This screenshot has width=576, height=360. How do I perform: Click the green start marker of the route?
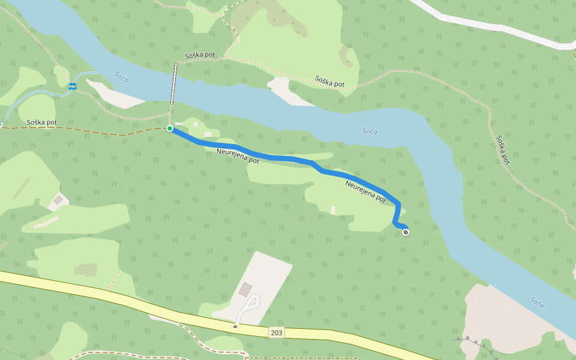click(x=170, y=128)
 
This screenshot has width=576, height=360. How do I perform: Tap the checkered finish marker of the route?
click(x=406, y=232)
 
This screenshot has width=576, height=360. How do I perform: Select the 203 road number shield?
click(x=276, y=332)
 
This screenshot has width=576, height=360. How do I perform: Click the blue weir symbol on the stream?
click(x=73, y=86)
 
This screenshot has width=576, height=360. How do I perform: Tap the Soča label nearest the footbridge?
click(x=121, y=76)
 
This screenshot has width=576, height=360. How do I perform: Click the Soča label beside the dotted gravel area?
click(x=537, y=302)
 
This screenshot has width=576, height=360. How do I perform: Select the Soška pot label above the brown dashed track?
click(x=42, y=122)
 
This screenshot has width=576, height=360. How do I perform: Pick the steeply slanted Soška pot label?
click(x=503, y=150)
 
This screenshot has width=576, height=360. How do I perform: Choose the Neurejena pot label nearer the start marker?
click(x=238, y=157)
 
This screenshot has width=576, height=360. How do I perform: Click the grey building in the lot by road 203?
click(x=245, y=289)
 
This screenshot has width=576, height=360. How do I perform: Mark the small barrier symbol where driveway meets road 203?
click(x=236, y=326)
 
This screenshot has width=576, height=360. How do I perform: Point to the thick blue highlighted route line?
click(x=288, y=159)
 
